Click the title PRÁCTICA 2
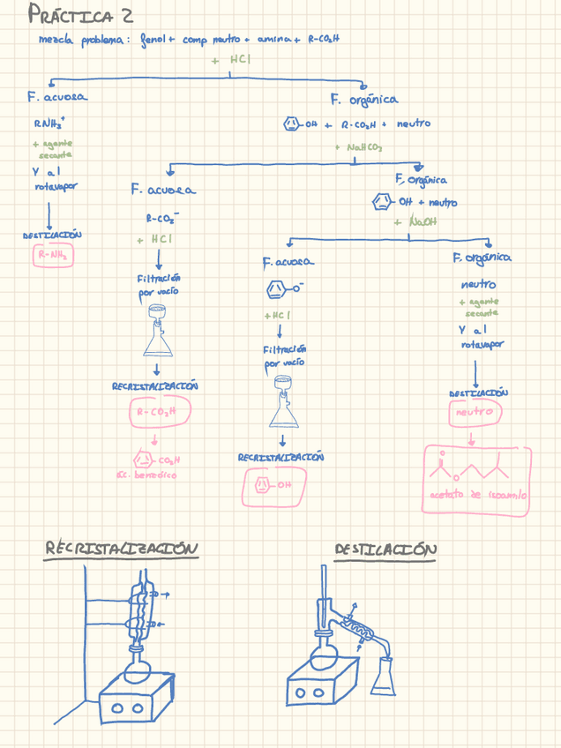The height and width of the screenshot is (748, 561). (81, 15)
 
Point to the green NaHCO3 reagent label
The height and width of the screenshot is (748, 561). (359, 147)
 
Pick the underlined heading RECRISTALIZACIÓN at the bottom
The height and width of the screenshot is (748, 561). (122, 549)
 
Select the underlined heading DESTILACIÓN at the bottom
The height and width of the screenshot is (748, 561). (385, 550)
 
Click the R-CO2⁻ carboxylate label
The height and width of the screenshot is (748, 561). (162, 218)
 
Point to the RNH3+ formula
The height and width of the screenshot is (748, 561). (49, 124)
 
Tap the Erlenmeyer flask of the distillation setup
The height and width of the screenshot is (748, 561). (385, 675)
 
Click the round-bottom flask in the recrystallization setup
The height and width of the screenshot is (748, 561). (139, 668)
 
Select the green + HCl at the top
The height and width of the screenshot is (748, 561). (231, 59)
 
